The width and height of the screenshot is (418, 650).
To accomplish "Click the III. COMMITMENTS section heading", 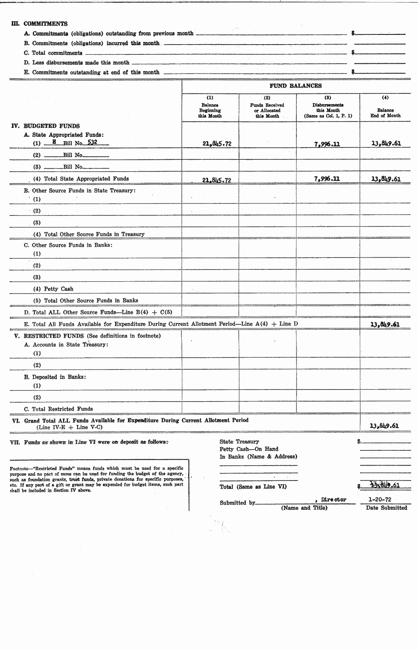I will click(x=39, y=24).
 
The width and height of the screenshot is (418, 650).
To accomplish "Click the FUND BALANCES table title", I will click(x=296, y=86).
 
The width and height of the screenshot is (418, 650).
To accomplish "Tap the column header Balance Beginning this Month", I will click(x=210, y=110).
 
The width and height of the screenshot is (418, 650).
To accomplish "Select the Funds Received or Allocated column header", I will click(x=267, y=110).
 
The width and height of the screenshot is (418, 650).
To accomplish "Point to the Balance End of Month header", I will click(x=385, y=113).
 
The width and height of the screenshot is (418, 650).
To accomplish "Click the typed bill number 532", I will click(x=92, y=142).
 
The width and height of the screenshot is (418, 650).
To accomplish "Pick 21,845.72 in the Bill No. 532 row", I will click(x=217, y=144).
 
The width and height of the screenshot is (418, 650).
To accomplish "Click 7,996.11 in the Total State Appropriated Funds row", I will click(x=327, y=179).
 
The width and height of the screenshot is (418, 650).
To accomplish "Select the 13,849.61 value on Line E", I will click(x=385, y=325).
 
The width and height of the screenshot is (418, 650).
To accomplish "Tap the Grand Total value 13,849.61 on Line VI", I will click(x=384, y=426).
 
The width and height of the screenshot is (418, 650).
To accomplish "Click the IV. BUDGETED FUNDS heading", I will click(x=45, y=126).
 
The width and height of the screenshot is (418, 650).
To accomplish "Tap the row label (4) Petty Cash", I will click(x=54, y=289).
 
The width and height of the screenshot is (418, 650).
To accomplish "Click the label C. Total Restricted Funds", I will click(x=59, y=409).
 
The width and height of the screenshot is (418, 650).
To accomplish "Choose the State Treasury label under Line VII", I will click(x=239, y=442).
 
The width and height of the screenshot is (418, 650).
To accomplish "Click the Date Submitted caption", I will click(x=386, y=508).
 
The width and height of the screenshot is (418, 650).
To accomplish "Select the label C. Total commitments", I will click(x=54, y=53).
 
